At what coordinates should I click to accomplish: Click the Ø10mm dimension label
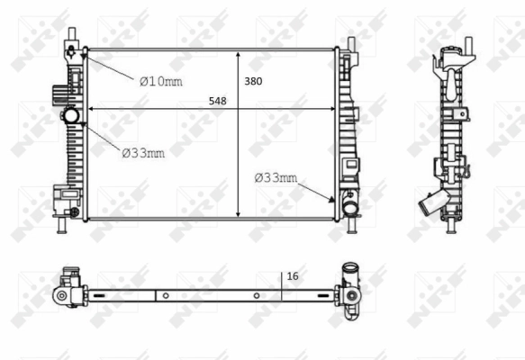coord(160,81)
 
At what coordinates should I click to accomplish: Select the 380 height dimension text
coord(253,81)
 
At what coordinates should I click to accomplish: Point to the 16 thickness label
coord(292,277)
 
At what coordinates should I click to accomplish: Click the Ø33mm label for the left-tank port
coord(143,152)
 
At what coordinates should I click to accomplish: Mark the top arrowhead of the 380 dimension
coord(238,52)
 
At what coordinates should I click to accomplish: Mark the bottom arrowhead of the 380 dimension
coord(238,216)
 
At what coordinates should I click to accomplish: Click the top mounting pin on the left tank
coord(69,37)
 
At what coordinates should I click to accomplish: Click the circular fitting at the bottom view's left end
coord(63,296)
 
